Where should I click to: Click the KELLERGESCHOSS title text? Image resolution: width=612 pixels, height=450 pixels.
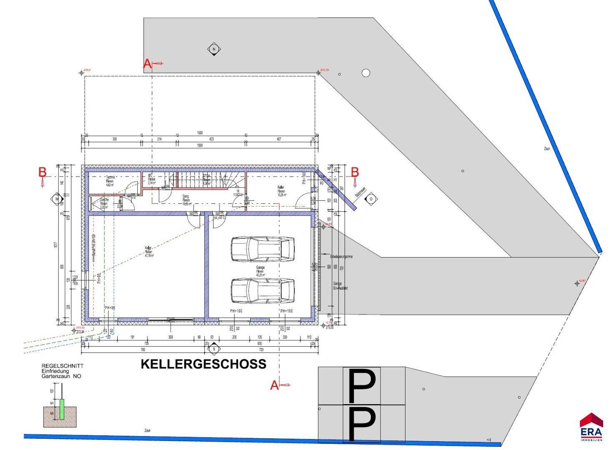(203, 364)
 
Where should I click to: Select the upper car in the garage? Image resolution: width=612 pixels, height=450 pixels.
(263, 249)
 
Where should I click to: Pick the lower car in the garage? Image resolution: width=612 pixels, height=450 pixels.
(263, 290)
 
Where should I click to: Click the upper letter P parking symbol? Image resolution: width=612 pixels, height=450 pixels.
(361, 385)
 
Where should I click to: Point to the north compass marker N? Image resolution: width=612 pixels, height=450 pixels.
(214, 49)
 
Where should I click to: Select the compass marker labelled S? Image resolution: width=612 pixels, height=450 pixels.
(214, 348)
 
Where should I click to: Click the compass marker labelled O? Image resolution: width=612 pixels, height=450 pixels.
(370, 199)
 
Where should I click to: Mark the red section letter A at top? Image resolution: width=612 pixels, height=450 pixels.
(147, 64)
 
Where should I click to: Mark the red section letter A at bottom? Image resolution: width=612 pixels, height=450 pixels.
(275, 385)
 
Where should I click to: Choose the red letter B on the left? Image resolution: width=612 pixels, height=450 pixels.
(42, 172)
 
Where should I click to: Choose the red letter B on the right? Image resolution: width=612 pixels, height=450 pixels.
(355, 172)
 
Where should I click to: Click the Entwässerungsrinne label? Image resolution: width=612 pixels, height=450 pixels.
(341, 257)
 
